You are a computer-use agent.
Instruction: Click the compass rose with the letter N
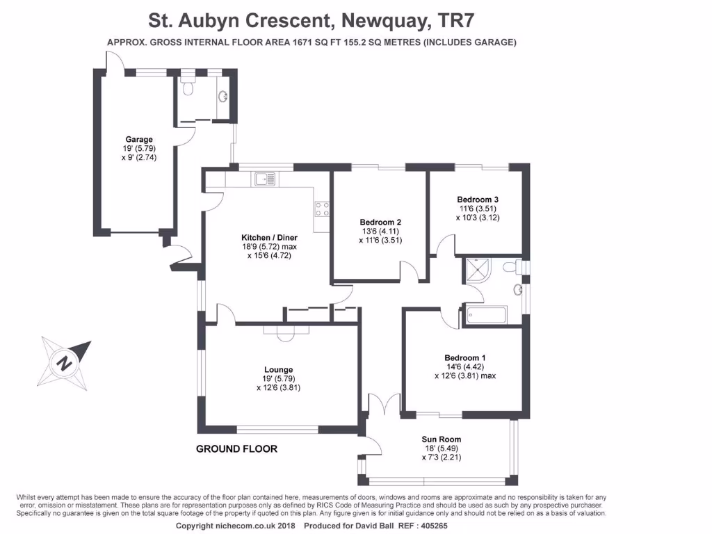[x=65, y=362]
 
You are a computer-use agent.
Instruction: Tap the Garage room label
[x=138, y=139]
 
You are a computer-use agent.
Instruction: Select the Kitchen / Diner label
[x=269, y=237]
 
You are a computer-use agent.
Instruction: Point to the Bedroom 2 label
[x=380, y=222]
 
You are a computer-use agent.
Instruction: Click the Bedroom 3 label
[x=478, y=200]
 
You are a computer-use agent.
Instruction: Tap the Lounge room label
[x=278, y=369]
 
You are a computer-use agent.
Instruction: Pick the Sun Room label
[x=441, y=439]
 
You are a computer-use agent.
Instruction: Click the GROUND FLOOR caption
[x=236, y=449]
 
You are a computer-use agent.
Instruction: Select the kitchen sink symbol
[x=265, y=179]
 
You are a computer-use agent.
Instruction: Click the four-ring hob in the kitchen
[x=322, y=209]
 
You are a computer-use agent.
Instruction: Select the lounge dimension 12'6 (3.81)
[x=278, y=388]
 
